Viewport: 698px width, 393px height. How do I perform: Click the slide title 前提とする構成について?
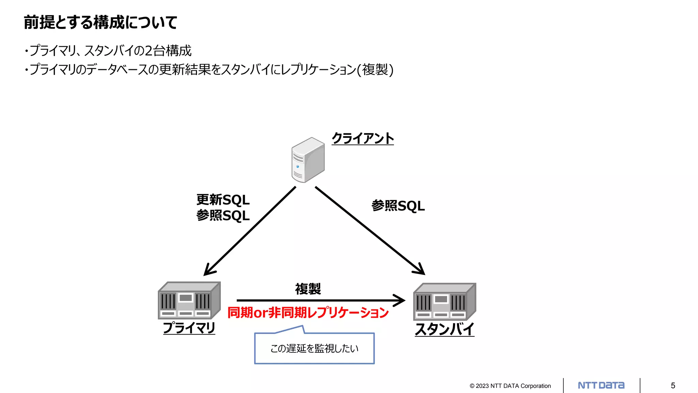[x=101, y=23]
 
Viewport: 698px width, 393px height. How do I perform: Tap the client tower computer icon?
[x=308, y=160]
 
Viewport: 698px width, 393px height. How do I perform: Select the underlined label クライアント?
[x=363, y=139]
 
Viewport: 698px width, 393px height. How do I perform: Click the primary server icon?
[x=189, y=301]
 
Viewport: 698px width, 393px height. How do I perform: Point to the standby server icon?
[x=444, y=302]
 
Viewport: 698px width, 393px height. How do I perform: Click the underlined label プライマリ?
[x=189, y=328]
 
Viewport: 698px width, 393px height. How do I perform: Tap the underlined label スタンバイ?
[x=444, y=330]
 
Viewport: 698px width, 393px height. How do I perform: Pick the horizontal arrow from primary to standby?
[x=320, y=300]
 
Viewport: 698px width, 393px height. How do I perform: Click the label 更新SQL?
[x=223, y=200]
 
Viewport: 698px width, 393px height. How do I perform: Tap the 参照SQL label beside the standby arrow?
[x=398, y=206]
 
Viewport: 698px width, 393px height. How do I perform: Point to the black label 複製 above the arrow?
[x=308, y=289]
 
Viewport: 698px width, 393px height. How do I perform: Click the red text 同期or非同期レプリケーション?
[x=308, y=312]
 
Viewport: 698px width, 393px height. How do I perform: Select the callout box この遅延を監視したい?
[x=314, y=348]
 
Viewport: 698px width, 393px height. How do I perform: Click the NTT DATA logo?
[x=601, y=385]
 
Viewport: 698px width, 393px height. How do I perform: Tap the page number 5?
[x=673, y=385]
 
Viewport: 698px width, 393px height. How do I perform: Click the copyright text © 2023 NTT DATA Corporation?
[x=510, y=386]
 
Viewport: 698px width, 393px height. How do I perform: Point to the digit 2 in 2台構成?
[x=149, y=51]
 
